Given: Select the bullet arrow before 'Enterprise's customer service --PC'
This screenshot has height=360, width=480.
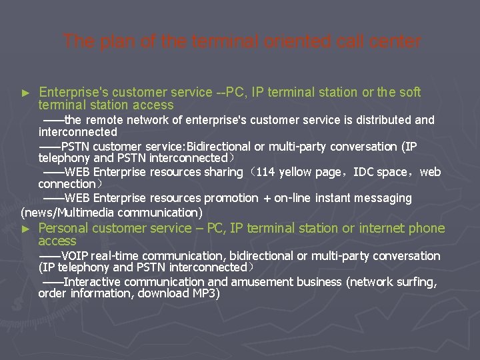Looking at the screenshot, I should tap(26, 92).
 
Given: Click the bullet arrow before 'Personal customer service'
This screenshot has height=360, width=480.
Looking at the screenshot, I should tap(26, 229).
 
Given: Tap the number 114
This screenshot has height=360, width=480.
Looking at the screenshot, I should tap(265, 172).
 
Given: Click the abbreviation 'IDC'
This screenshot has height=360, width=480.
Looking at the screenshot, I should tap(363, 172).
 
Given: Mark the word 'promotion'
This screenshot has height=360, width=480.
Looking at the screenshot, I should tap(231, 198).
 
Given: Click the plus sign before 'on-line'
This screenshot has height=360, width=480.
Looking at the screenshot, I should tap(266, 198).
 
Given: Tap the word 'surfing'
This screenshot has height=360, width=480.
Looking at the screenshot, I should tap(415, 282).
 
